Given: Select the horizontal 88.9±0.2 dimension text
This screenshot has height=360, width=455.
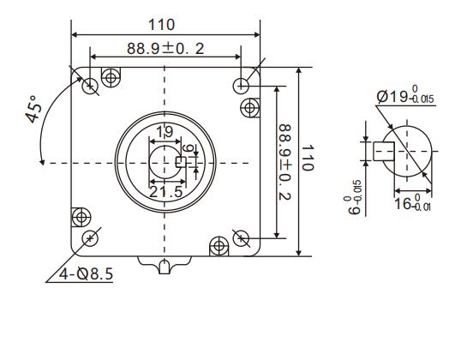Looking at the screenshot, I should (165, 49).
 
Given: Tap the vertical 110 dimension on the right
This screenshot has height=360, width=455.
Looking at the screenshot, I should (308, 159).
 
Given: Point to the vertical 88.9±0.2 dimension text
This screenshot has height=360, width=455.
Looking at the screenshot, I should (286, 163).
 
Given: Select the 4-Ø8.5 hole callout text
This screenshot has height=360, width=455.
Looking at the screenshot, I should (87, 274).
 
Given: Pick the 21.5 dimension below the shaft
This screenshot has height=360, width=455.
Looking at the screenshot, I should (165, 192).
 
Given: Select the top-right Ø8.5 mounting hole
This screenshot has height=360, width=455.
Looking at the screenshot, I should (242, 85).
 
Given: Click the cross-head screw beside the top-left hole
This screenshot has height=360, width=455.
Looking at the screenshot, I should (110, 78).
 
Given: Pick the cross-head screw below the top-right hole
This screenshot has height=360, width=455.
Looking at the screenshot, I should (249, 107).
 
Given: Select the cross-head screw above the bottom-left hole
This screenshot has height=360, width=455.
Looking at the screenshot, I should (81, 215).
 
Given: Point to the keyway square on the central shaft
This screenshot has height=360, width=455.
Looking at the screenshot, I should (181, 160).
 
